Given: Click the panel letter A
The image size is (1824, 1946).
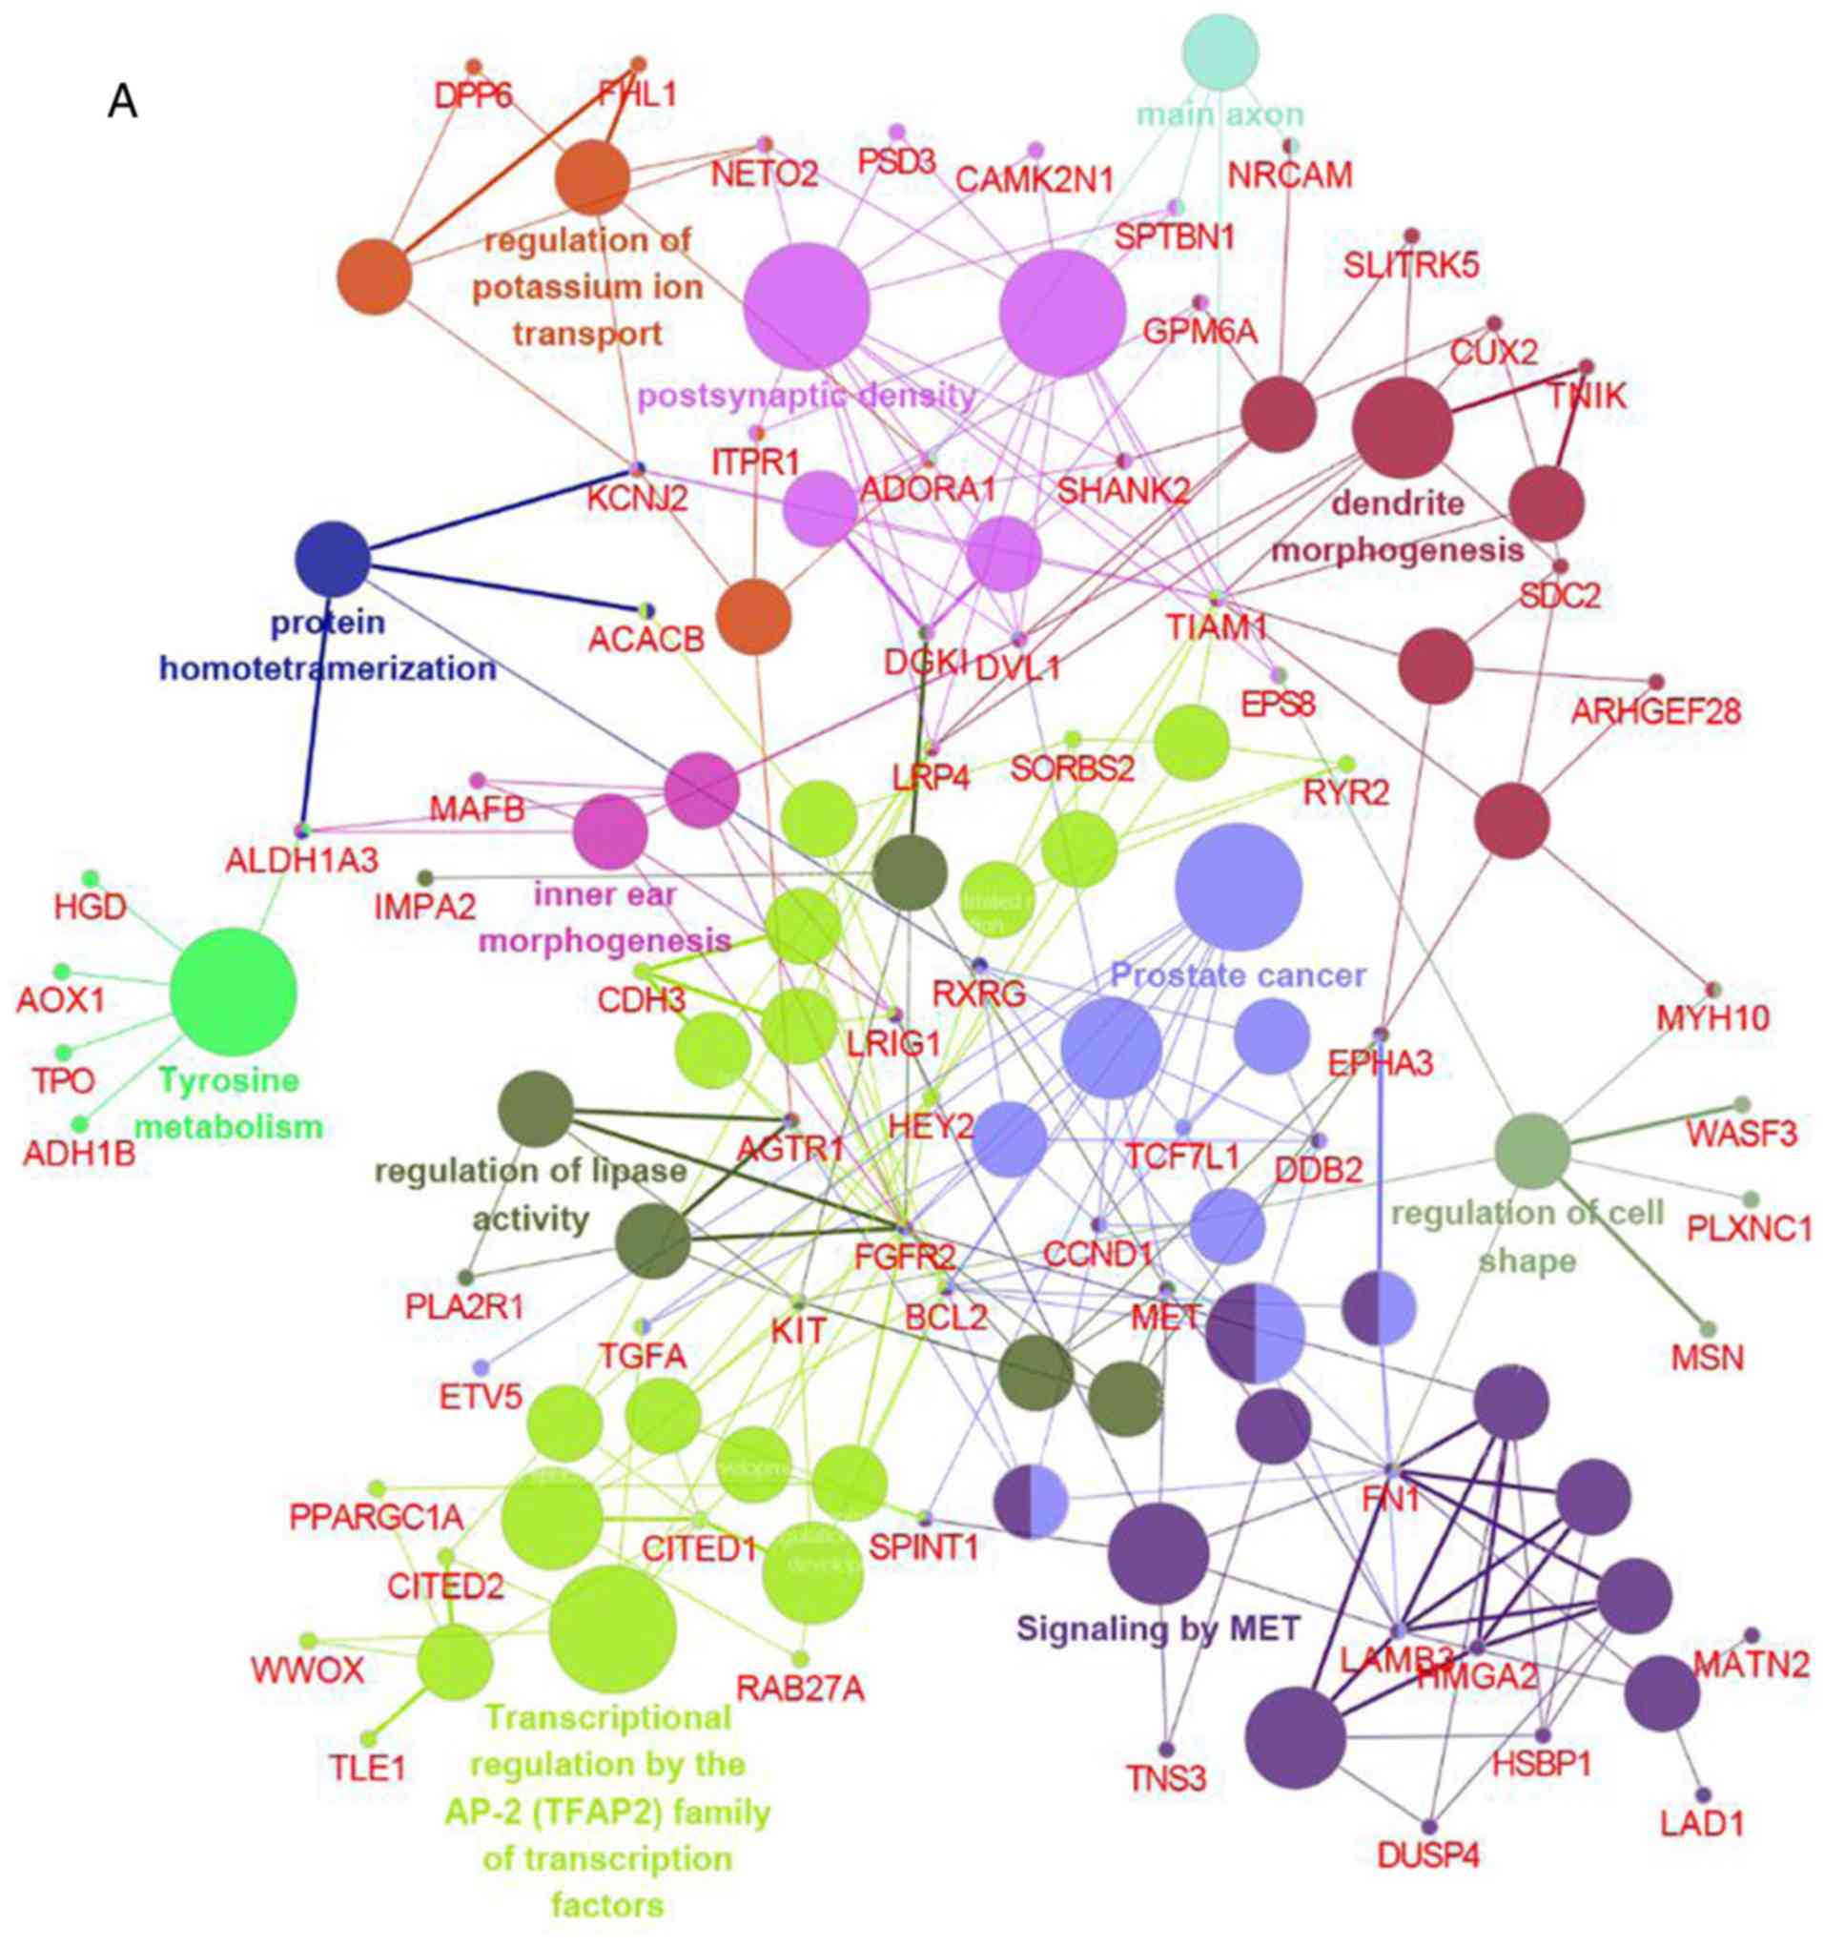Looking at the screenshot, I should coord(122,102).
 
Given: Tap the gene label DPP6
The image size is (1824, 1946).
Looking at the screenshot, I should coord(474,96).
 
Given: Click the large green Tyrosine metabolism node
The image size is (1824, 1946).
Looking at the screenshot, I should coord(233,992).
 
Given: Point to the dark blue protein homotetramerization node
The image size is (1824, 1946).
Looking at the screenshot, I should coord(333,559).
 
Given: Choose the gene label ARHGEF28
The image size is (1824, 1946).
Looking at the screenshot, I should coord(1655,711).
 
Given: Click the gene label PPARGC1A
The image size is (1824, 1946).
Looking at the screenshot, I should coord(376,1516).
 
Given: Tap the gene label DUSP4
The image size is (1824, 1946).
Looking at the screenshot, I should coord(1428,1855).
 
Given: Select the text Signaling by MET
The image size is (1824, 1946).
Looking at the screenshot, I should coord(1158,1628).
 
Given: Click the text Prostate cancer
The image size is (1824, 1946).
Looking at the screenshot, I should coord(1239,975).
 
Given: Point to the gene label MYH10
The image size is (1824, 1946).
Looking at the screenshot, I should coord(1712,1018).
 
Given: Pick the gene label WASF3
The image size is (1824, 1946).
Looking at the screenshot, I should coord(1742,1134).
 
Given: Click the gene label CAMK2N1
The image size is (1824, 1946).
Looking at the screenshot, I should coord(1034,180).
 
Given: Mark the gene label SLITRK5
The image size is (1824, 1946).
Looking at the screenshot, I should coord(1411,265).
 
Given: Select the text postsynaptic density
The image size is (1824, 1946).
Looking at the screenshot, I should coord(807,396).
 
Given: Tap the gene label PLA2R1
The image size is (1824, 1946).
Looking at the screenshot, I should coord(465,1306).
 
